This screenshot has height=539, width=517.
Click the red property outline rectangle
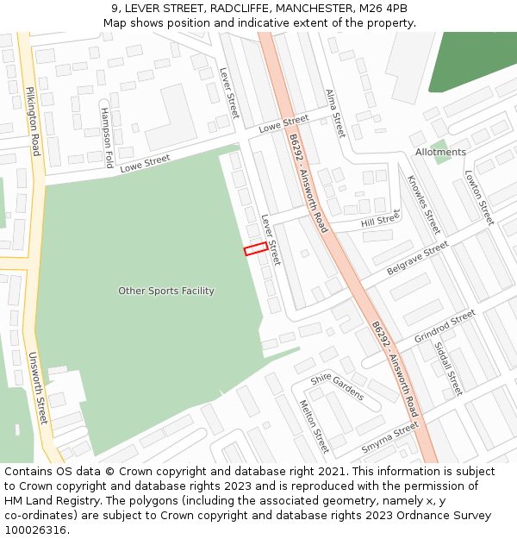point(255,249)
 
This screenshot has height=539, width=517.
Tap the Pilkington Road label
point(33,121)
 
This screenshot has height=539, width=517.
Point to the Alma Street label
point(334,113)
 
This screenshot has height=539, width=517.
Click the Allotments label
point(440,153)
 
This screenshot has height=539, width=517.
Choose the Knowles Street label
point(424,204)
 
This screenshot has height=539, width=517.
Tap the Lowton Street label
point(478,197)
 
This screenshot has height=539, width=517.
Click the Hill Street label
point(381,220)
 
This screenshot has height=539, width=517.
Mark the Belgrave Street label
point(418,258)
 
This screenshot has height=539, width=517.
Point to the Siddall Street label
point(449,367)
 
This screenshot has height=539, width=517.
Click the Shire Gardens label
point(337,385)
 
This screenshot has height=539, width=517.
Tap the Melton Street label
point(314,426)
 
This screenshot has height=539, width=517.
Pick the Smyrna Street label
point(389,439)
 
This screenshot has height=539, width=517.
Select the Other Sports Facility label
point(166,291)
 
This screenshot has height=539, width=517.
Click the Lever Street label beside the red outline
point(271,240)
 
